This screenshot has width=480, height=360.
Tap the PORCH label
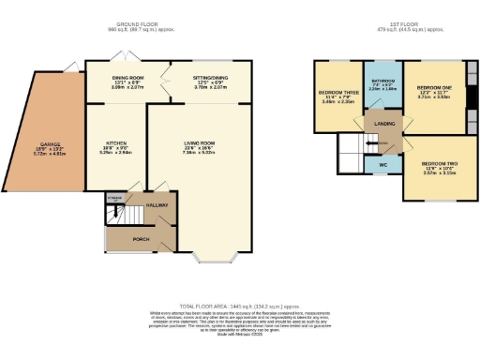click(x=141, y=238)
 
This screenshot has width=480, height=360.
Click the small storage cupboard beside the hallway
click(x=114, y=199)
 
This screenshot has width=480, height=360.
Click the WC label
click(x=382, y=166)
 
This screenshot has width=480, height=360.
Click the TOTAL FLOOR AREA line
click(x=239, y=306)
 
